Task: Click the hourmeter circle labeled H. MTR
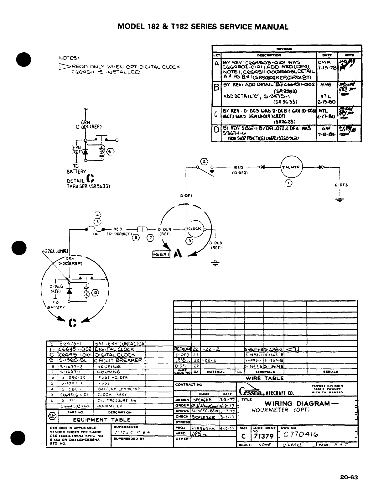coord(292,167)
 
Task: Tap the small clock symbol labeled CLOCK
coord(195,228)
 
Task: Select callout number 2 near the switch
coord(204,161)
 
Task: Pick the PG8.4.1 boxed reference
coord(161,255)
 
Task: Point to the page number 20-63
coord(349,477)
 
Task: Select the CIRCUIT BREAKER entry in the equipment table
coord(119,360)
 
